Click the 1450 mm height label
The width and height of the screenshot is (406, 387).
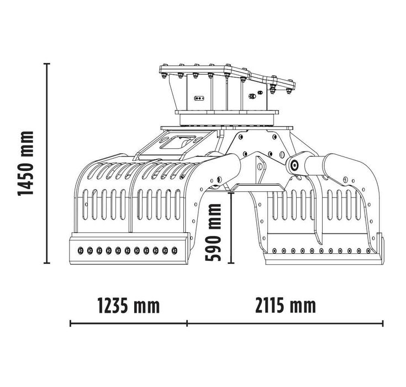coord(25,163)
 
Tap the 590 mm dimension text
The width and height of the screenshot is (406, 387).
coord(215,232)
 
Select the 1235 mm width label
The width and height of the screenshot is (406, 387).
coord(128,305)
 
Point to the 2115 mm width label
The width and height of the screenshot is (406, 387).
coord(286,305)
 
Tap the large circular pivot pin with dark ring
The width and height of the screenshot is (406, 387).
coord(294,164)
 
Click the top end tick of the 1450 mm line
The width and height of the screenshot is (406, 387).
coord(48,64)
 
